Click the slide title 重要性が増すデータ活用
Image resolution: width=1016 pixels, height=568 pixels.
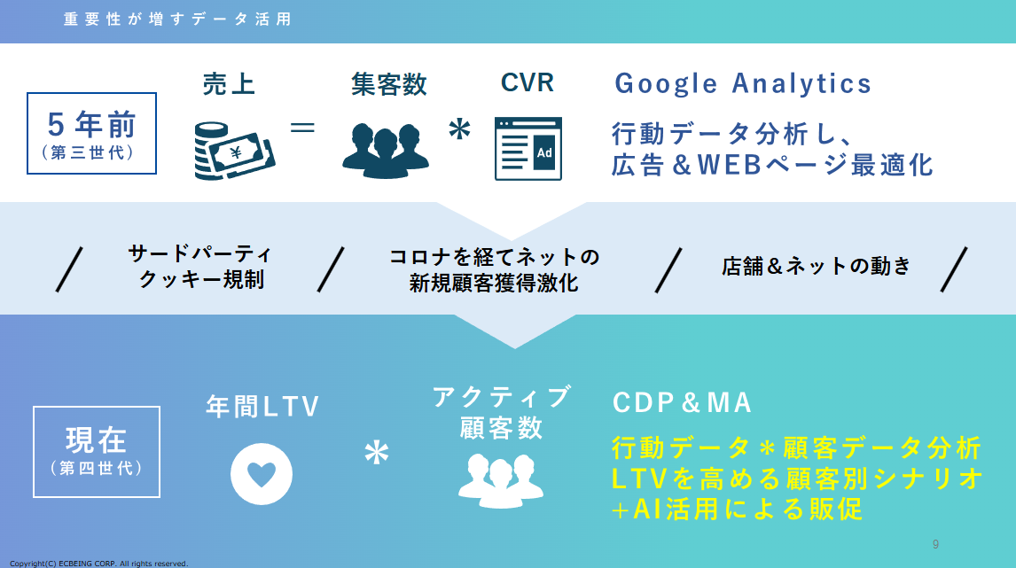click(177, 19)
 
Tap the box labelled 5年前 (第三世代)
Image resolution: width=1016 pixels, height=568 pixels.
click(91, 134)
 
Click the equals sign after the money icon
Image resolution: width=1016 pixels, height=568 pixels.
click(302, 128)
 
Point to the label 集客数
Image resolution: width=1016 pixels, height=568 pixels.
click(389, 84)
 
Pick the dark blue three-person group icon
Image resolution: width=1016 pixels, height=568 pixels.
click(386, 151)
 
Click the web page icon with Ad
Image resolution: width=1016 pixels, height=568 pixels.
click(528, 149)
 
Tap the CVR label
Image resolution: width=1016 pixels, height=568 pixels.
click(528, 83)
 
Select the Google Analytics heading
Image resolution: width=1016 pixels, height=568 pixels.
click(743, 83)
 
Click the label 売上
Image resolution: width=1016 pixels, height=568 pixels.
click(229, 84)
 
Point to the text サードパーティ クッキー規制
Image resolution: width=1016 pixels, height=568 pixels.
click(200, 266)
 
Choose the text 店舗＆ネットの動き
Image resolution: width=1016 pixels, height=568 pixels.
click(816, 266)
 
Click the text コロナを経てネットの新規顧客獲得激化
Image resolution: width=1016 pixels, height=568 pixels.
click(494, 269)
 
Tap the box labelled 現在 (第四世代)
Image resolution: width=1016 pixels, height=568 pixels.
click(97, 452)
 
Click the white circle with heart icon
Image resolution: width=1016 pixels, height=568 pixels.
click(262, 474)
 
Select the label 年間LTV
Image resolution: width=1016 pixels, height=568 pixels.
click(262, 407)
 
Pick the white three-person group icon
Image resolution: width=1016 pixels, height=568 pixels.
click(501, 480)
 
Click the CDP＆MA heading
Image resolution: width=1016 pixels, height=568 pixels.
click(682, 402)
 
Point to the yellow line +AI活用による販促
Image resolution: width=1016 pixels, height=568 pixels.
click(737, 509)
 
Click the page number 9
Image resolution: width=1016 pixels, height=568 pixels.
click(935, 544)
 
